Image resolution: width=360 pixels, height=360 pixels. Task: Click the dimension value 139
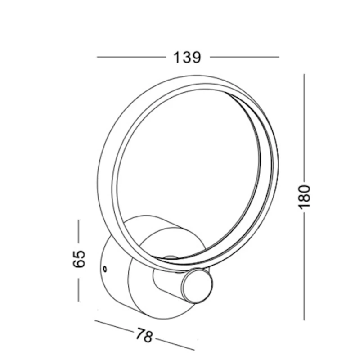(187, 58)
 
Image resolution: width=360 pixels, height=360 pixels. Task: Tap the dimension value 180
(304, 197)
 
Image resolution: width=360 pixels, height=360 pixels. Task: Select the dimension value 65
(79, 259)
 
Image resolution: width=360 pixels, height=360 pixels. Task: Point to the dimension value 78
(144, 335)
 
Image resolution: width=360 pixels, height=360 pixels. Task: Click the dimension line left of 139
(131, 57)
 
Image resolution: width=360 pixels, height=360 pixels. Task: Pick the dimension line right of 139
(244, 57)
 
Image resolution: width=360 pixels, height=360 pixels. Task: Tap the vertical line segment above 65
(79, 231)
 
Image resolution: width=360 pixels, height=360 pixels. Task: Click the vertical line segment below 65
(79, 290)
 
